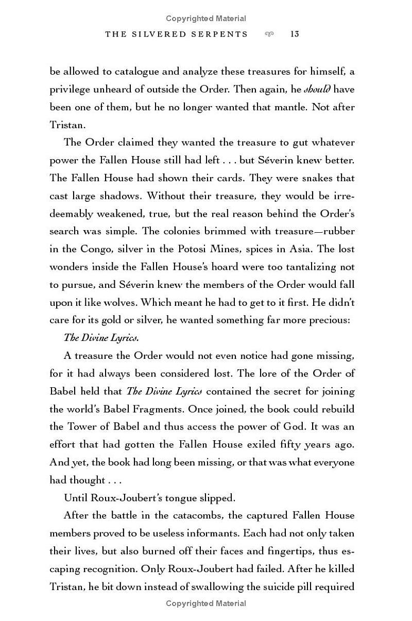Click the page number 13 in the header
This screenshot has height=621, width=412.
[x=295, y=34]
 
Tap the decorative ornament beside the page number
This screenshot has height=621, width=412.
[x=268, y=34]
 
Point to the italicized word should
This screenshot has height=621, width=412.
[x=317, y=89]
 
